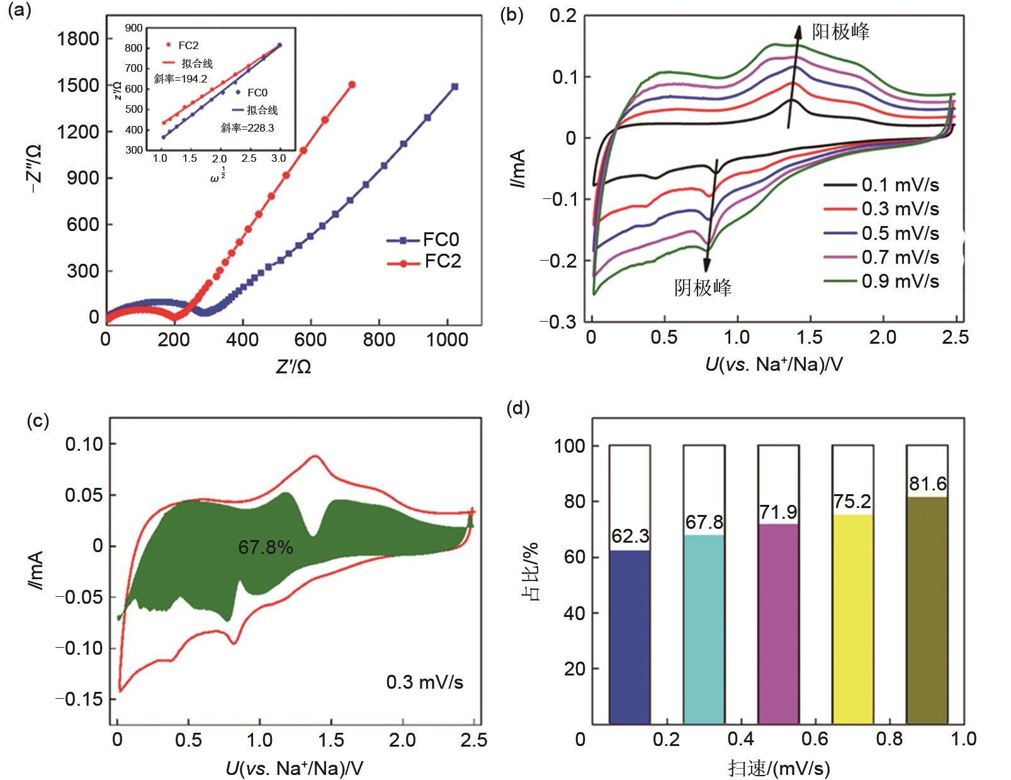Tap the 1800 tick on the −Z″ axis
pos(78,39)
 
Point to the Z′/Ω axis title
pos(293,367)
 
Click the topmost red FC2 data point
pos(352,84)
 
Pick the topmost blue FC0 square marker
pos(455,87)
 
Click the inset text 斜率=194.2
pos(181,79)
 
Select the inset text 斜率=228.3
pos(247,128)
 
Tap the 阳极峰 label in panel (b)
pos(840,31)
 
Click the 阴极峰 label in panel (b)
pos(703,288)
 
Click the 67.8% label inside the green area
pos(266,548)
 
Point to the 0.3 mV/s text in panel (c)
pos(425,682)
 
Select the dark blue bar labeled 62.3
pos(630,636)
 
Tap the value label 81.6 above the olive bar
pos(927,484)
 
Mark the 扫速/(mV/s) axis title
pos(779,768)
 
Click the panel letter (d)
pos(517,409)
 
